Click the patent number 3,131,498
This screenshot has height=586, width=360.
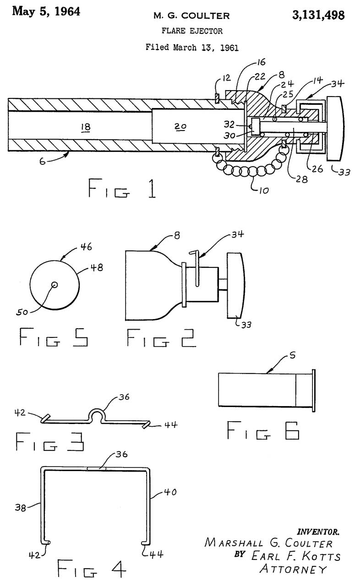[x=318, y=16]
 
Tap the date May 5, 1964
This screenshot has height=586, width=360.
[x=46, y=11]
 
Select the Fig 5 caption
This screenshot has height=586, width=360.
[x=54, y=340]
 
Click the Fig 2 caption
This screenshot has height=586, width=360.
[x=162, y=340]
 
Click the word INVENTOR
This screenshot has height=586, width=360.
[x=319, y=532]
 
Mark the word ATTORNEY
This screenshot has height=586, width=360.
[x=294, y=569]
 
